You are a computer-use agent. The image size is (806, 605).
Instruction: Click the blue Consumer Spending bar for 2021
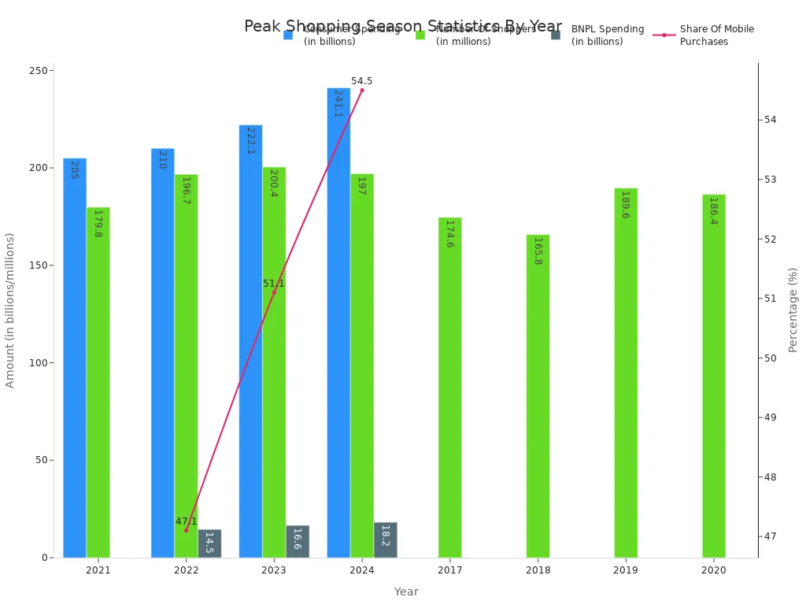(75, 358)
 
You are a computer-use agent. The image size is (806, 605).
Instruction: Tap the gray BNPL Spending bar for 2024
(386, 540)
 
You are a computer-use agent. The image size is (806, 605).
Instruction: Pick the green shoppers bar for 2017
(449, 388)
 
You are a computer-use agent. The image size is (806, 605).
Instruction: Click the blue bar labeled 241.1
(338, 323)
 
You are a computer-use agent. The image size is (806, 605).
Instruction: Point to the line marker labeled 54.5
(362, 90)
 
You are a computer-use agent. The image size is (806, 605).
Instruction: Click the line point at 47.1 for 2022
(187, 530)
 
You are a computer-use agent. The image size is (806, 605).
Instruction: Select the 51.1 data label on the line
(273, 284)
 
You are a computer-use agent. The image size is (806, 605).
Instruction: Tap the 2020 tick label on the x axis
(714, 570)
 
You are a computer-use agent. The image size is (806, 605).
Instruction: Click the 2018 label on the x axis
(538, 570)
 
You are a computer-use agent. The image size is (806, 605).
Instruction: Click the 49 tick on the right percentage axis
(770, 418)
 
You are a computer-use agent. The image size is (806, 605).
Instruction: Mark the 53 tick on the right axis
(770, 180)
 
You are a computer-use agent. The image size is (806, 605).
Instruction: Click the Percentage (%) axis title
(793, 310)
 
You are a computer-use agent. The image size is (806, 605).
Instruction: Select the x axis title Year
(406, 592)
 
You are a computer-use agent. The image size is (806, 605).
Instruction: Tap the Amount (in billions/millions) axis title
(10, 310)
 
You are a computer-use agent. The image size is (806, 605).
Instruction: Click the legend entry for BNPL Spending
(607, 35)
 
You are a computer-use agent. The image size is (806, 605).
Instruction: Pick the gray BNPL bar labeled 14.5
(209, 544)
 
